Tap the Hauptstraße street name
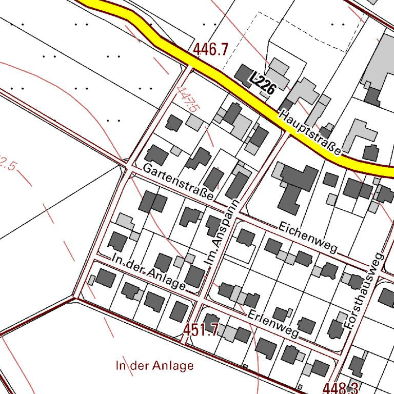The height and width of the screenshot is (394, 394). pyautogui.click(x=309, y=132)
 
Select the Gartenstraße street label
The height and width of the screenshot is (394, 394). pyautogui.click(x=178, y=182)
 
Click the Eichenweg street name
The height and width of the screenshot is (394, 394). pyautogui.click(x=308, y=237)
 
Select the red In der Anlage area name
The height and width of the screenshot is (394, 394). pyautogui.click(x=155, y=366)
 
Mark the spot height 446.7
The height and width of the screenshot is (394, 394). pyautogui.click(x=210, y=50)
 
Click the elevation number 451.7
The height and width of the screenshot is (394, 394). pyautogui.click(x=202, y=330)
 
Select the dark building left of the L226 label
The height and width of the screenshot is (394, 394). pyautogui.click(x=243, y=74)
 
